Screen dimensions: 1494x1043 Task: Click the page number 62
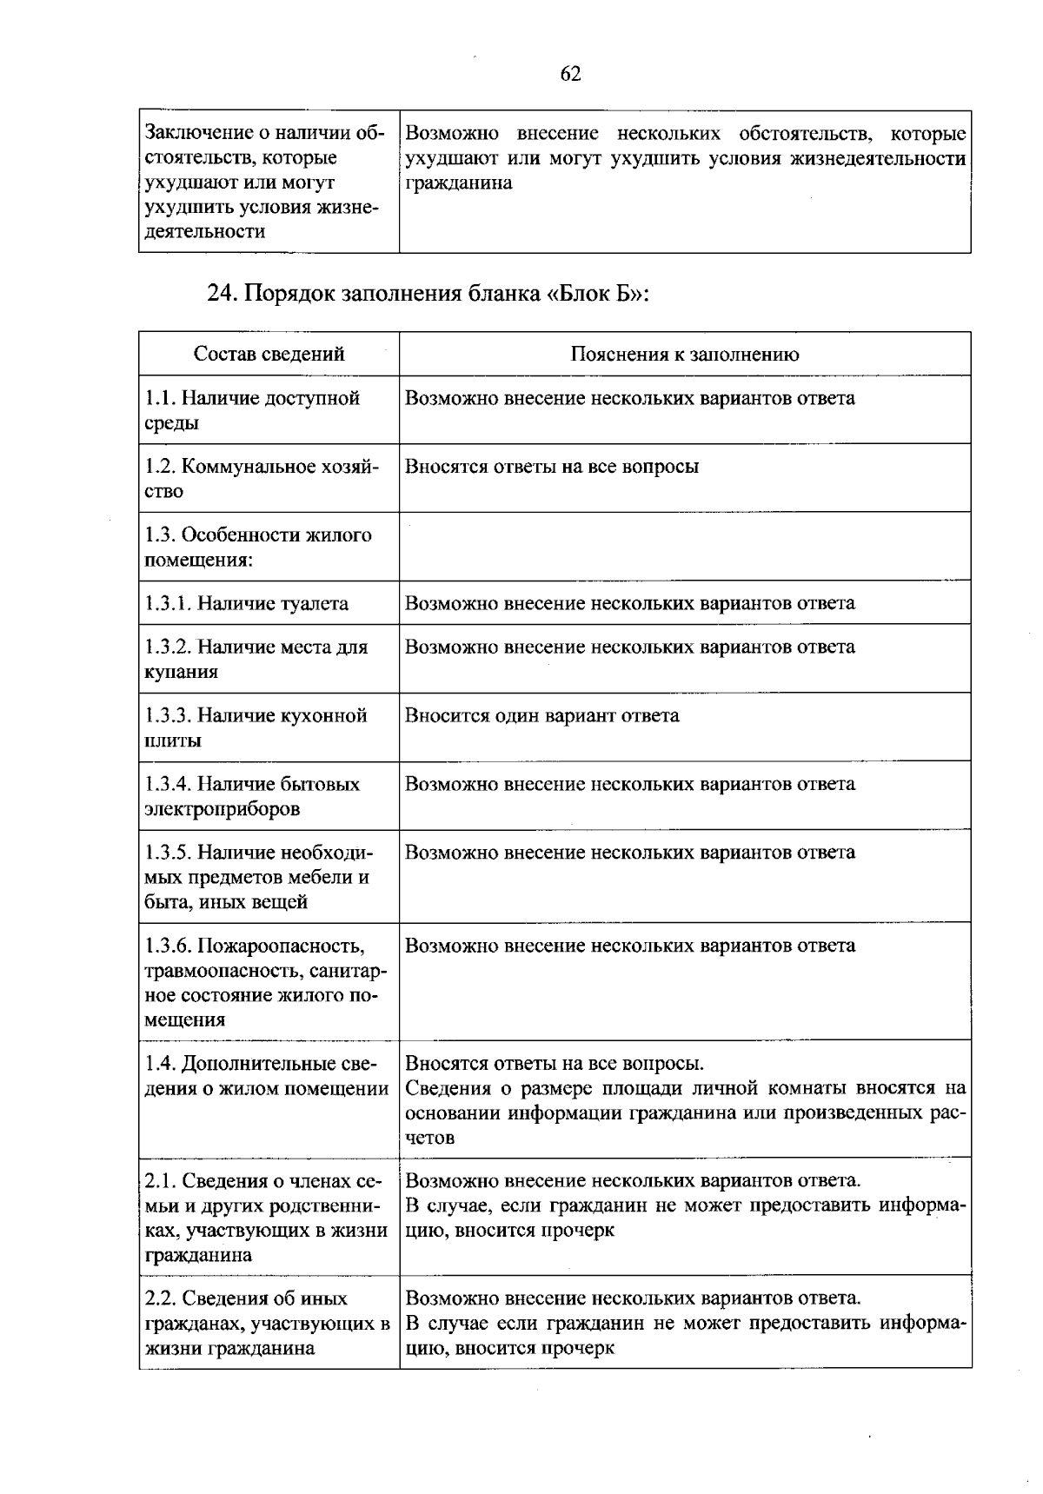pyautogui.click(x=570, y=75)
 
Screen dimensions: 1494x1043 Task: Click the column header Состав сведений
pyautogui.click(x=269, y=354)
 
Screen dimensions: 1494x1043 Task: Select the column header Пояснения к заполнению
pyautogui.click(x=685, y=354)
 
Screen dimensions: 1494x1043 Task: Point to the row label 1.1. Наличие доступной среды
pyautogui.click(x=252, y=410)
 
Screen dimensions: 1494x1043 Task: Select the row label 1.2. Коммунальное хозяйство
pyautogui.click(x=262, y=479)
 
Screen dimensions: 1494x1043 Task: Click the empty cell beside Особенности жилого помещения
pyautogui.click(x=685, y=547)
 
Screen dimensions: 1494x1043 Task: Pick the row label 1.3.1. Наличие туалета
pyautogui.click(x=247, y=603)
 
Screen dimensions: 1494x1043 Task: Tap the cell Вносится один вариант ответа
pyautogui.click(x=542, y=715)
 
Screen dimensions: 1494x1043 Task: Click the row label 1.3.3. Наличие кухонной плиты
pyautogui.click(x=256, y=727)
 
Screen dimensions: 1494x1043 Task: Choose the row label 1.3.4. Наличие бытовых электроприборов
pyautogui.click(x=252, y=796)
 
